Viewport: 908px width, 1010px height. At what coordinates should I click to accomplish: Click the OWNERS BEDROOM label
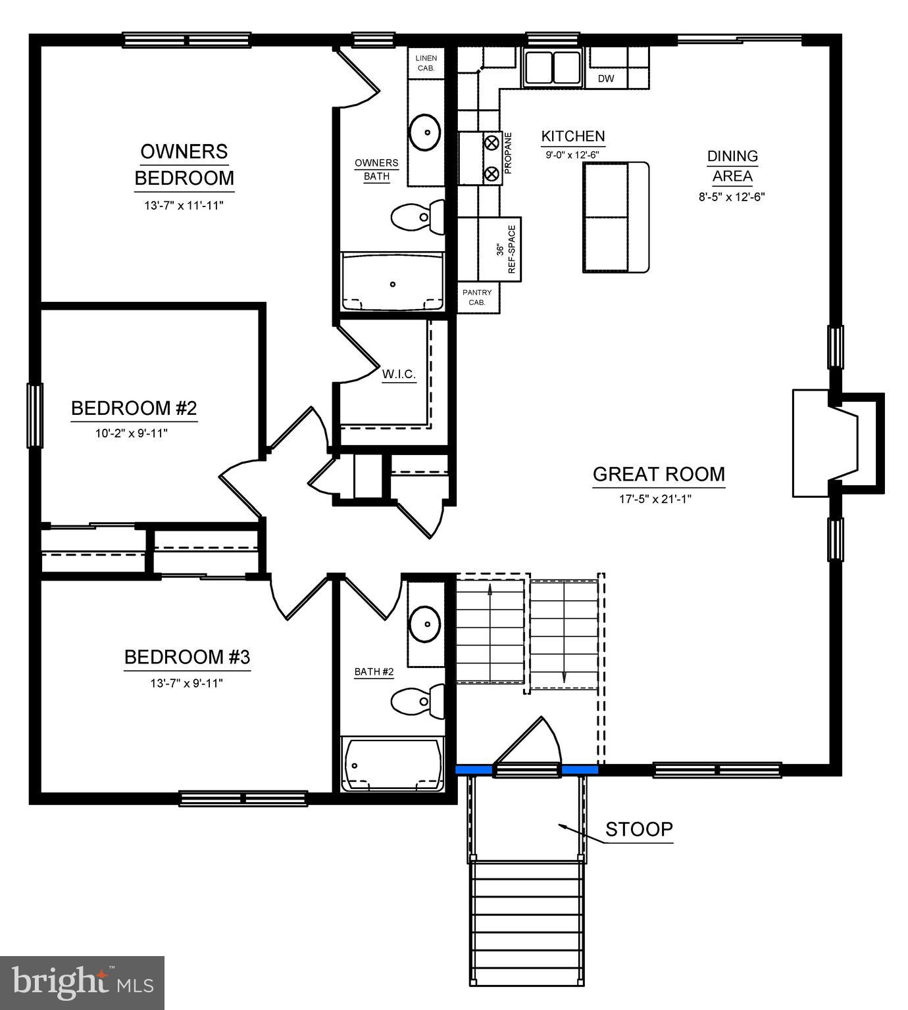pos(184,164)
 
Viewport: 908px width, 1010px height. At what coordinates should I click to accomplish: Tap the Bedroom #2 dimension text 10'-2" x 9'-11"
pos(134,433)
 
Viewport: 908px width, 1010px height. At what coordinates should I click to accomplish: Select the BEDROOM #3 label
pos(187,657)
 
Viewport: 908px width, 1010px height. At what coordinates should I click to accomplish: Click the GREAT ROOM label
pos(659,474)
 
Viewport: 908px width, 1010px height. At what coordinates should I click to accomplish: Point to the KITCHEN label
pos(572,136)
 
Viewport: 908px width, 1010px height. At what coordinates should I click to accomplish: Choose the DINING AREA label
pos(732,166)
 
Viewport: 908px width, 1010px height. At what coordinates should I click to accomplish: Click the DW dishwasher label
pos(606,79)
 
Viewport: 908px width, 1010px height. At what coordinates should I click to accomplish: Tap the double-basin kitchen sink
pos(553,66)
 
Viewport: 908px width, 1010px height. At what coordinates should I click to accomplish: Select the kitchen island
pos(616,217)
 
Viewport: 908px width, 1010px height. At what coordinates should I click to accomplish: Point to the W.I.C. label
pos(399,374)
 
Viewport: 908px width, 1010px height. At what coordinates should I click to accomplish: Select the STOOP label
pos(639,829)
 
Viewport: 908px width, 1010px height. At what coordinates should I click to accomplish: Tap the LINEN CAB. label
pos(426,63)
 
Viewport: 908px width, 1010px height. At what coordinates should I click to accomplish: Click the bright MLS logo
pos(82,982)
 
